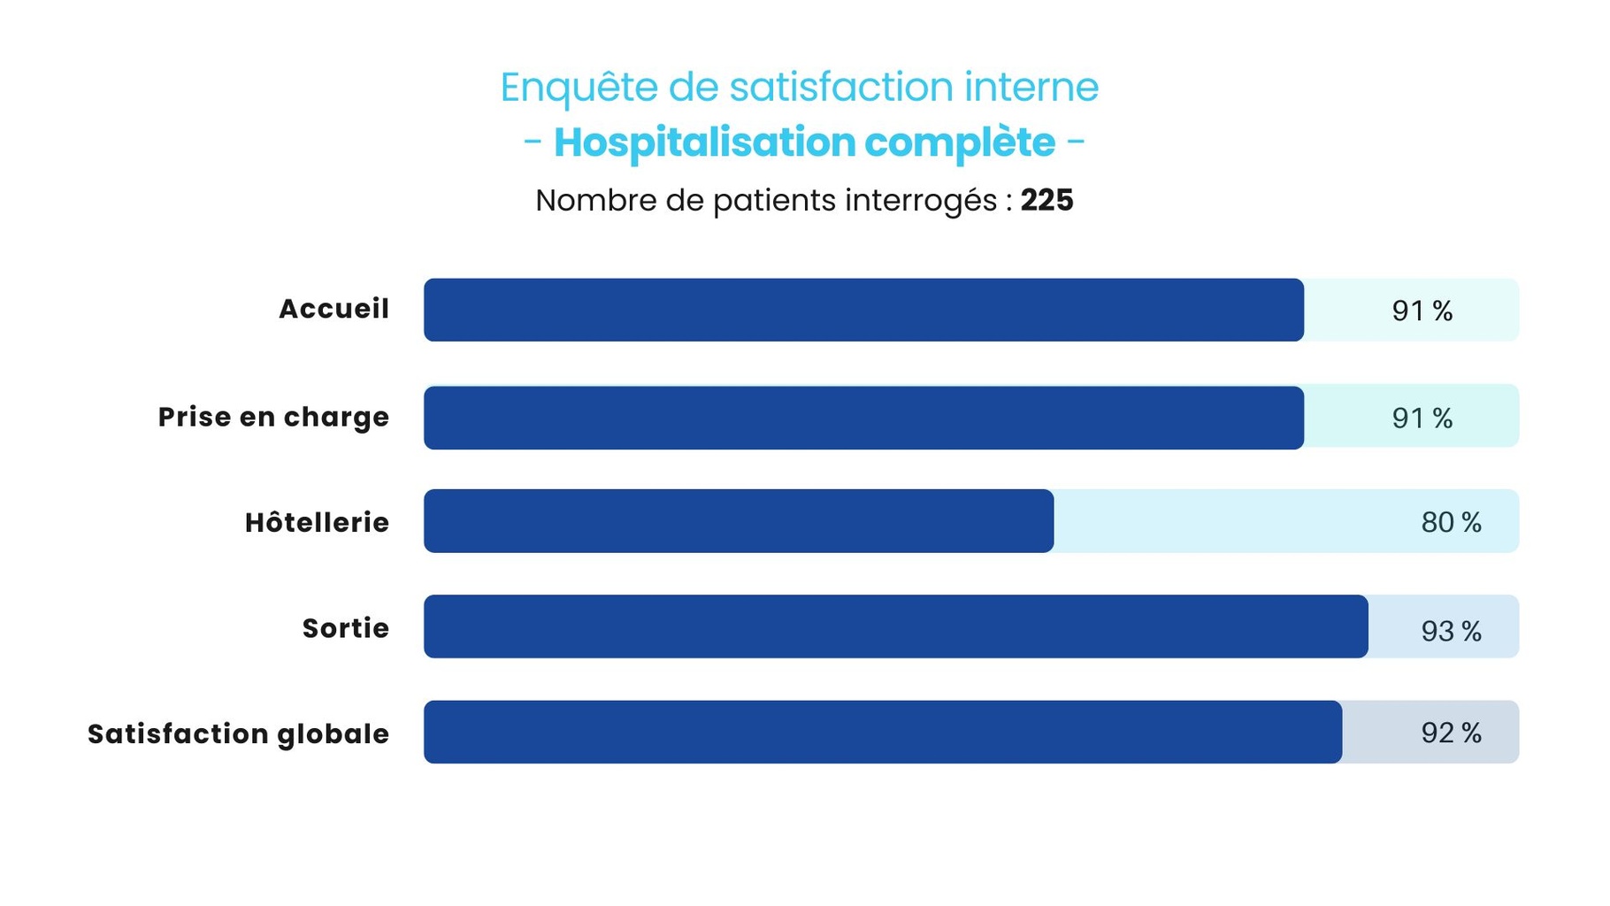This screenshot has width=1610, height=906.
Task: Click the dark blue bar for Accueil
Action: [863, 310]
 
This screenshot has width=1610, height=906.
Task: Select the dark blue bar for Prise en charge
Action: [863, 418]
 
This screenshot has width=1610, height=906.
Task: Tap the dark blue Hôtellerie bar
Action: [739, 521]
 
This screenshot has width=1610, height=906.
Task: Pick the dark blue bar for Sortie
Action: [895, 626]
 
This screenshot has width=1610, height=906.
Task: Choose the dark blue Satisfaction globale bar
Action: [882, 732]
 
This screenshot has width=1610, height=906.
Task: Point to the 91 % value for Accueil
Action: [1422, 311]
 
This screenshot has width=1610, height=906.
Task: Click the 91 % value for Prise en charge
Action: [1422, 418]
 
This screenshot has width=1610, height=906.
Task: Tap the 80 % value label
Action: [1451, 522]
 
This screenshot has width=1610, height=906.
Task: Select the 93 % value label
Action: [1451, 631]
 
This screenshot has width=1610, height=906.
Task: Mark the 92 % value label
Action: [1451, 733]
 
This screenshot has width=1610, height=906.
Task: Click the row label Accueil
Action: [333, 309]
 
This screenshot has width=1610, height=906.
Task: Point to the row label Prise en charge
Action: [273, 417]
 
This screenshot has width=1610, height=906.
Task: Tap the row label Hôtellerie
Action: [317, 522]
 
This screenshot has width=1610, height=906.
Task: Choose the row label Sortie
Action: [345, 628]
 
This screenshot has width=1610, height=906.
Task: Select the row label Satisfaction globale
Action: [238, 733]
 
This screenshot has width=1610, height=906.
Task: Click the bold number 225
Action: [1046, 200]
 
